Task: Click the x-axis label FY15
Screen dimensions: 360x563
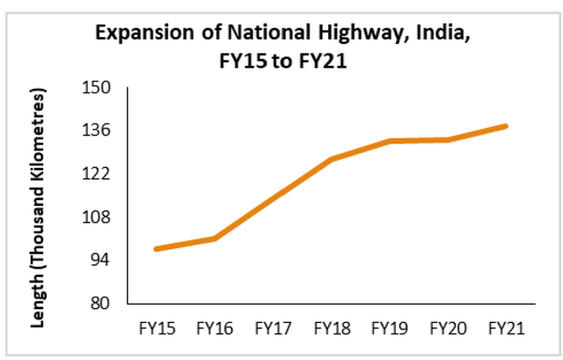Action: click(155, 328)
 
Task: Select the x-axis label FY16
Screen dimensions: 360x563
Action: click(213, 328)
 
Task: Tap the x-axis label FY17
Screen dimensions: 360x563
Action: click(272, 328)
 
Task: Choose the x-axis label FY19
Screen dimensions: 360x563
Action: click(389, 328)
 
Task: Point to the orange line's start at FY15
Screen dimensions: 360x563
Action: click(156, 249)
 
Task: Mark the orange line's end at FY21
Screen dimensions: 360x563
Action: click(507, 126)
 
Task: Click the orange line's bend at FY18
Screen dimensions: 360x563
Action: click(331, 159)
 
